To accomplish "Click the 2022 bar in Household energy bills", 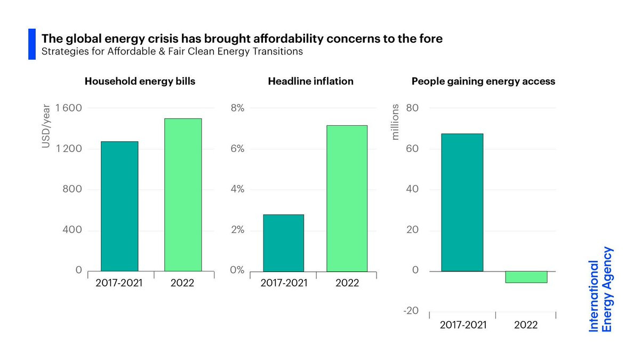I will (x=183, y=195).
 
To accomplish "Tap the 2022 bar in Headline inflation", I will (x=347, y=198).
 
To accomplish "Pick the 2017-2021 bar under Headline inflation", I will (x=283, y=243).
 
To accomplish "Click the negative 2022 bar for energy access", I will (x=526, y=277).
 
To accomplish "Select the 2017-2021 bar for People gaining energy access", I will (x=462, y=202).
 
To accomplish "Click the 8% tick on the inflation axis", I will (x=237, y=108).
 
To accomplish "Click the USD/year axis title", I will (x=46, y=129).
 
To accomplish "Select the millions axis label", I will (x=395, y=122).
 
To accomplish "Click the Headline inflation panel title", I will (x=310, y=82).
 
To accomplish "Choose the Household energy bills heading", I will (x=140, y=82).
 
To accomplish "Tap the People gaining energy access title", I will (x=483, y=82).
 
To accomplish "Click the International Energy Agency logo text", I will (x=601, y=289).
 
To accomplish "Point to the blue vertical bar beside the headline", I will (x=31, y=44).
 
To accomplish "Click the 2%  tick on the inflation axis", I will (x=237, y=230).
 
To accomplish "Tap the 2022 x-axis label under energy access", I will (x=526, y=325).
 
